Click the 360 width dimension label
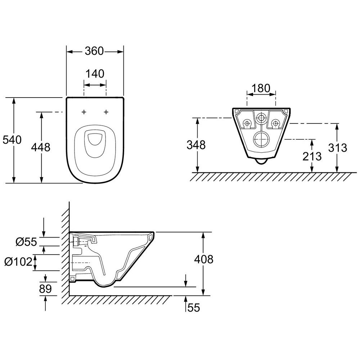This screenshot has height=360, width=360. pos(94,51)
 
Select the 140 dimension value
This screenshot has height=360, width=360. pos(95,74)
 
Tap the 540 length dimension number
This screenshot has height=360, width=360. pos(12,140)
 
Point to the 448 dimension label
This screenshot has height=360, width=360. pos(41,147)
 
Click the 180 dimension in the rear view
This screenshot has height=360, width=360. pos(261,88)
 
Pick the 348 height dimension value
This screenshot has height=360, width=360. pos(196,145)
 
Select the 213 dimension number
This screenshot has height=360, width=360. pos(312,156)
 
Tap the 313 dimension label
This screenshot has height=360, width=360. pos(338,148)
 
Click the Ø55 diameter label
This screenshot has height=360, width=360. pos(26,242)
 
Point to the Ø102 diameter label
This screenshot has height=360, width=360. pos(19,262)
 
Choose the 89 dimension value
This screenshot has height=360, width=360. pos(45,289)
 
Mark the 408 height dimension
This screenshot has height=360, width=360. pos(204,260)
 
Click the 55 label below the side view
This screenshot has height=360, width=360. pos(194,308)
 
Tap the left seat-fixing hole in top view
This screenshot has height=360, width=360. pos(84,112)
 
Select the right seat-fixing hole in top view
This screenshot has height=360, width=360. pos(106,112)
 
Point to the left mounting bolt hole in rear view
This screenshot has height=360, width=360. pos(247,123)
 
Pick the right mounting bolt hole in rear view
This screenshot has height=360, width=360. pos(275,123)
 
